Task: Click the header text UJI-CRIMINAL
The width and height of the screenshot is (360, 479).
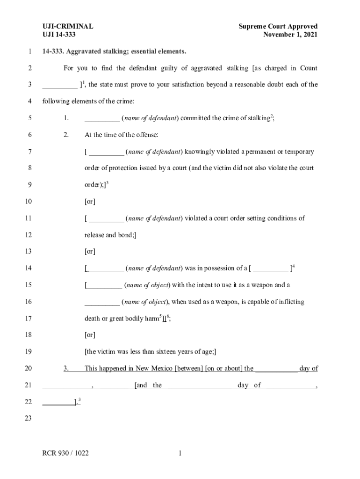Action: point(68,26)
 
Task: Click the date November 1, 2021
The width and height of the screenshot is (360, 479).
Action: point(290,35)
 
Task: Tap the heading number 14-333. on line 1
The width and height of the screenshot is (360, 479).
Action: point(55,51)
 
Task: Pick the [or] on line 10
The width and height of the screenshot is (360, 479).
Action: point(90,202)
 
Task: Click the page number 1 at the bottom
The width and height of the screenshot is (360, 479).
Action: point(179,453)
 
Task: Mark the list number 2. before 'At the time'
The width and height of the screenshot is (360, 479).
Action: point(66,135)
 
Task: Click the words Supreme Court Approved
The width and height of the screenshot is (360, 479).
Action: point(278,26)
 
